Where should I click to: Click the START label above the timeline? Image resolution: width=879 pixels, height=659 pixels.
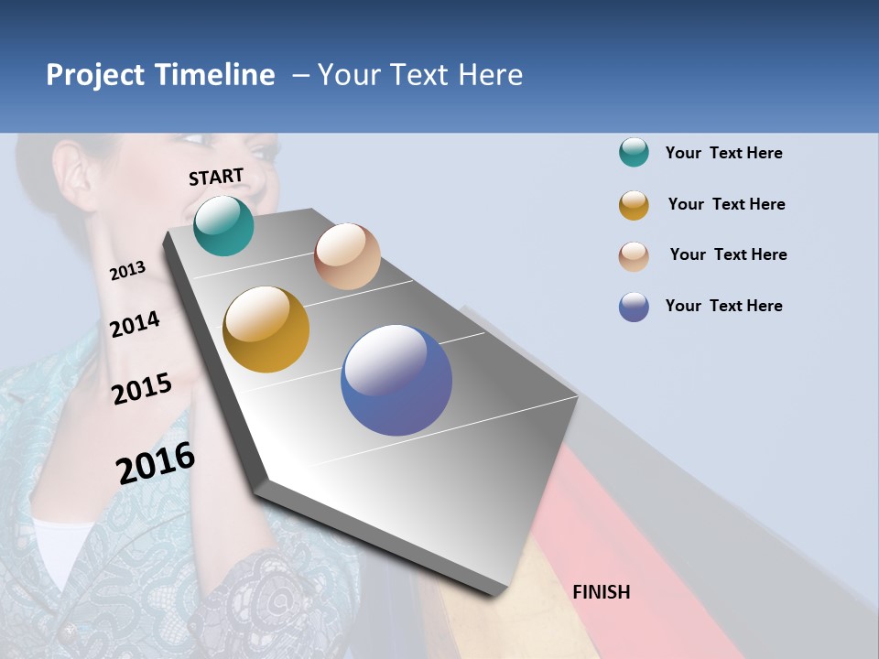click(x=216, y=177)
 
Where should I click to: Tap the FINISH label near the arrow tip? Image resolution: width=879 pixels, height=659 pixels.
click(x=602, y=592)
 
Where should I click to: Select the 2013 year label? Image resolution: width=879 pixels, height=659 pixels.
click(x=127, y=270)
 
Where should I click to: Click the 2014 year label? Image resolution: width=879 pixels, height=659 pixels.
click(x=135, y=324)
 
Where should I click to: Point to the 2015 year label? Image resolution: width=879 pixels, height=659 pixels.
click(x=142, y=389)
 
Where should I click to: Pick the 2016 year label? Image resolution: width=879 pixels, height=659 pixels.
click(x=156, y=463)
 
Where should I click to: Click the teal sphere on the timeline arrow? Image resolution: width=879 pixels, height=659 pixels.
click(x=223, y=226)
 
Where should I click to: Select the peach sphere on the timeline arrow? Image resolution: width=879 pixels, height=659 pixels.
click(x=347, y=256)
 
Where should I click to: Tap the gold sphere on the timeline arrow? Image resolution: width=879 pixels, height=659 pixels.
click(x=266, y=329)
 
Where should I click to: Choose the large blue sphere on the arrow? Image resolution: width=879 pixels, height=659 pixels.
click(x=396, y=380)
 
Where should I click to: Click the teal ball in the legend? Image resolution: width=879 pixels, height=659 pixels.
click(x=634, y=153)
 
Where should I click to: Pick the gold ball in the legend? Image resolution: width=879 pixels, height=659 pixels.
click(x=634, y=205)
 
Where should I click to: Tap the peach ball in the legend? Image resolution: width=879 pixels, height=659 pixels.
click(x=634, y=255)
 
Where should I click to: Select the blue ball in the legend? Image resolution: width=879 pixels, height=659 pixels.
click(x=634, y=307)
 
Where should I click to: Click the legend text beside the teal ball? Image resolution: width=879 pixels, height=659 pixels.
click(x=723, y=153)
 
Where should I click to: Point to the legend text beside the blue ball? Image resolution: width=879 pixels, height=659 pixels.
click(x=723, y=306)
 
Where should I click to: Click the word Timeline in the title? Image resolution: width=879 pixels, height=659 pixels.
click(x=214, y=75)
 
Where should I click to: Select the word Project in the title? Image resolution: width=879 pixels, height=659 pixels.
click(x=95, y=75)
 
